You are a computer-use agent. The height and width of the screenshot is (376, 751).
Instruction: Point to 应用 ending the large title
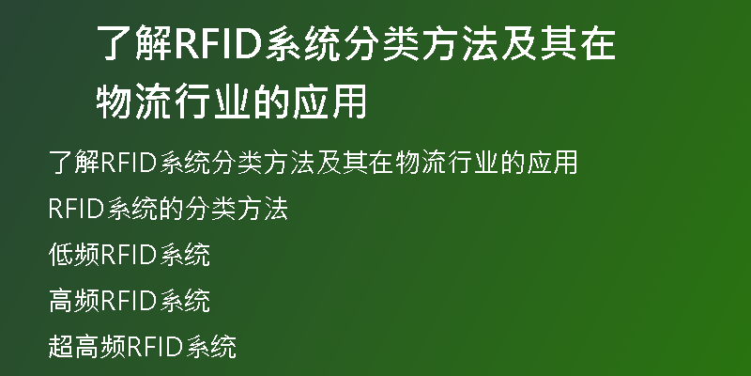330,102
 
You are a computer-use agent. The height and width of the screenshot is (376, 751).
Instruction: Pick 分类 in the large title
381,43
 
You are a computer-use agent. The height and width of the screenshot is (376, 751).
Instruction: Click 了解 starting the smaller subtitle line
74,162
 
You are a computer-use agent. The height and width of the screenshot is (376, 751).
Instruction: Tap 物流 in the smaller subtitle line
421,162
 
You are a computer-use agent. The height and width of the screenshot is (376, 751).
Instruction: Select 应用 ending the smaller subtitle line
552,162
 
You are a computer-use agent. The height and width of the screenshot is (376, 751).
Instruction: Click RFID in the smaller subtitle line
130,163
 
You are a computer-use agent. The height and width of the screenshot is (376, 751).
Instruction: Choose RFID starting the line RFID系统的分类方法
77,209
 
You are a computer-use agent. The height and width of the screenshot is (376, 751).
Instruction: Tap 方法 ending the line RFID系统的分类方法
263,209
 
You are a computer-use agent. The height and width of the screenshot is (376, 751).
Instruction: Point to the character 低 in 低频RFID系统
61,254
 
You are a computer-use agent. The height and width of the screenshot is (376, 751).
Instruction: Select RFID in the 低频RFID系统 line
130,255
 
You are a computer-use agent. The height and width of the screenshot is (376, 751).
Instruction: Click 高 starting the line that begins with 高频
61,301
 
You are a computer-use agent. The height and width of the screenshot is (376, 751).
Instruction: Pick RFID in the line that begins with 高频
130,301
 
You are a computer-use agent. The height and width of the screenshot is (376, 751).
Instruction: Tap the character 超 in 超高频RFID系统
61,347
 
